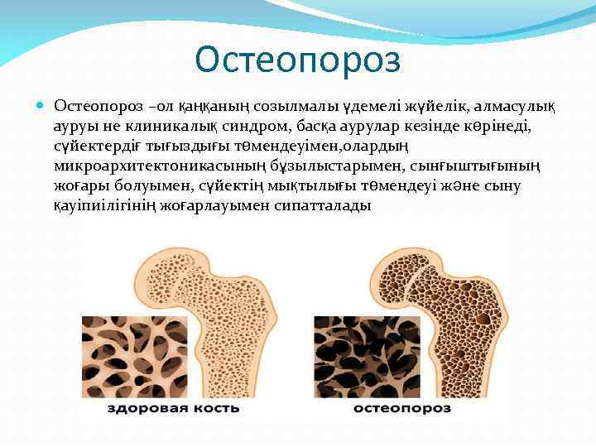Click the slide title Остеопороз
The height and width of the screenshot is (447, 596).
coord(297,59)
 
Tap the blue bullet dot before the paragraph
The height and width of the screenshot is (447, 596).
coord(42,106)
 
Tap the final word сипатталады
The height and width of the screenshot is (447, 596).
coord(321,206)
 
